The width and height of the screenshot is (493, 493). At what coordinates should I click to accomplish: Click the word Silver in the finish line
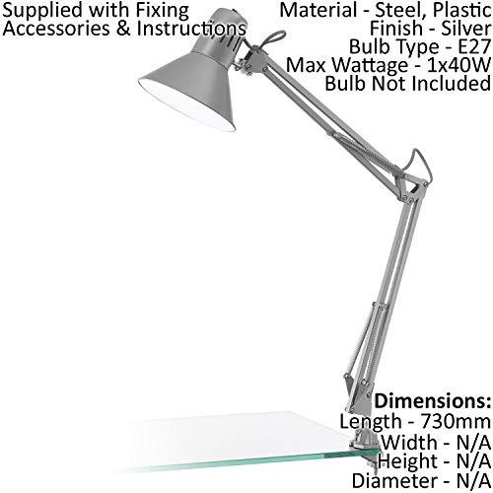[x=465, y=29]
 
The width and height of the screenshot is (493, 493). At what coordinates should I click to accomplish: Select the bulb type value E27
[x=474, y=47]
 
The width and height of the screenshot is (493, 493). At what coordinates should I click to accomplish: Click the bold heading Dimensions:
[x=433, y=401]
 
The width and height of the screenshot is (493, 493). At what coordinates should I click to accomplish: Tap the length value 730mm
[x=456, y=421]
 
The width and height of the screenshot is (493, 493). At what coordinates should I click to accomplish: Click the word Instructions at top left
[x=191, y=29]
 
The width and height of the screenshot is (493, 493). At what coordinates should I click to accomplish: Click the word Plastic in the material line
[x=461, y=10]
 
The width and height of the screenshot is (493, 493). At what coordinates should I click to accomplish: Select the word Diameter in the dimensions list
[x=393, y=481]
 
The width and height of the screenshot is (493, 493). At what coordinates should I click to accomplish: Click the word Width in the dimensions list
[x=409, y=443]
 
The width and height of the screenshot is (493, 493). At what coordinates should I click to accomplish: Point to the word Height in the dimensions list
[x=407, y=462]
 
